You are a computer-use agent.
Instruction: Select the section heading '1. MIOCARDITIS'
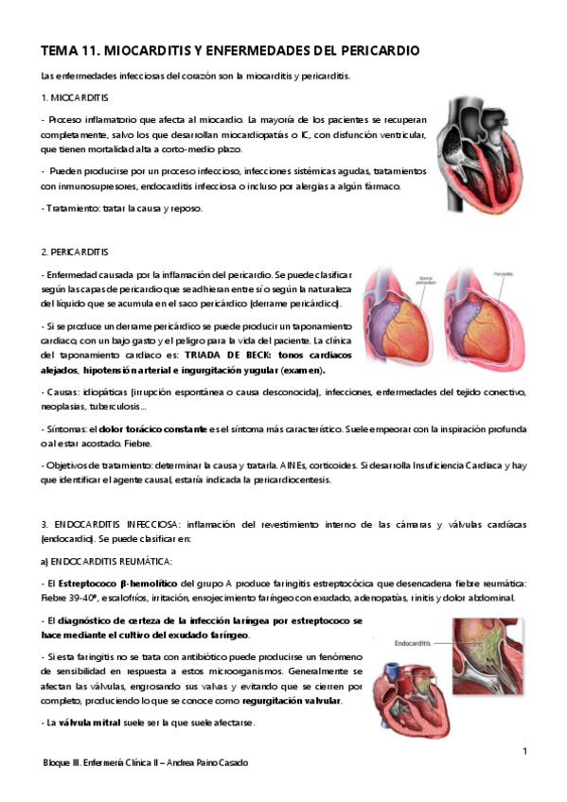(75, 98)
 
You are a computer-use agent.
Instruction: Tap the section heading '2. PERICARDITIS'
(75, 252)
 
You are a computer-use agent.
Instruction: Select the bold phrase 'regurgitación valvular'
(292, 701)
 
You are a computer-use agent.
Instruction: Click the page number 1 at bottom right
(523, 751)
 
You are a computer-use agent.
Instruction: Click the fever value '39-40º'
(80, 598)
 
